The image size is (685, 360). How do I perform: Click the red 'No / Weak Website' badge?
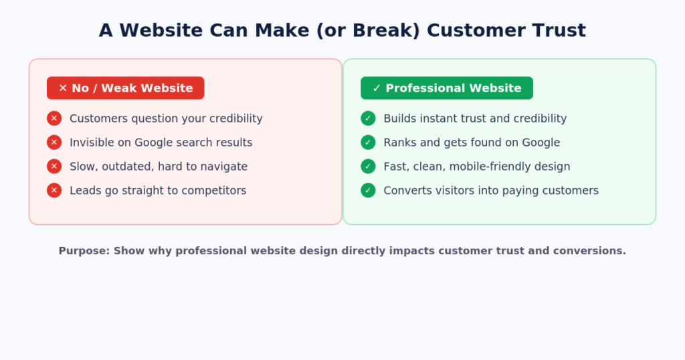point(125,88)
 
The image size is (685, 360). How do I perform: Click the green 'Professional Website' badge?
point(446,88)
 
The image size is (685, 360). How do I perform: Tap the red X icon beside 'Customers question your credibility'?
point(54,118)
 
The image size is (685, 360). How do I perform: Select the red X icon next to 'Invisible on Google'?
point(54,143)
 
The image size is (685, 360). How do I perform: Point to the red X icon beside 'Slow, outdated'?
point(54,167)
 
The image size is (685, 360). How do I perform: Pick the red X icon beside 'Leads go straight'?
point(54,191)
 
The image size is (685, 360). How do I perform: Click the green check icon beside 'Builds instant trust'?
point(368,118)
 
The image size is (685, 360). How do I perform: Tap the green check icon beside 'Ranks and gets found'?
point(368,143)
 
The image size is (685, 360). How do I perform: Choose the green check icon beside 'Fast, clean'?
point(368,167)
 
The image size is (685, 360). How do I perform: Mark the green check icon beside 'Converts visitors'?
point(368,191)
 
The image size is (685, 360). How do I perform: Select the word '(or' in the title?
point(330,31)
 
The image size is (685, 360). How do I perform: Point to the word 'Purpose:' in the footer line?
point(84,251)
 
